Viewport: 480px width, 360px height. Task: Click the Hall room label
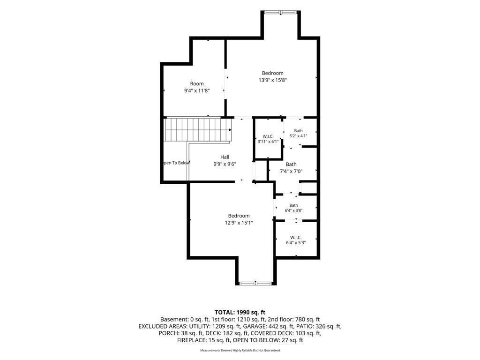[x=225, y=157]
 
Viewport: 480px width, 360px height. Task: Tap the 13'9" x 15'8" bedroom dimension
[x=272, y=80]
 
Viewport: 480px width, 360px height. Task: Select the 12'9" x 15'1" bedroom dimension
[x=239, y=223]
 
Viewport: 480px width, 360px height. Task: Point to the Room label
[x=197, y=83]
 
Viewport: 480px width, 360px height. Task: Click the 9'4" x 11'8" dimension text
[x=197, y=90]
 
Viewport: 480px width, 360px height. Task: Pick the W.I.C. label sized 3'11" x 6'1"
[x=268, y=136]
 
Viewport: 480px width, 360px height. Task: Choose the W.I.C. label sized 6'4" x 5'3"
[x=296, y=238]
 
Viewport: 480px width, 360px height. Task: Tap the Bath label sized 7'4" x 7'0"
[x=291, y=165]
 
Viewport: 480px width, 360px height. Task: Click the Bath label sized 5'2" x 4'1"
[x=299, y=131]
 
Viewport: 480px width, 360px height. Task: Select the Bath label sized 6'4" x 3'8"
[x=293, y=205]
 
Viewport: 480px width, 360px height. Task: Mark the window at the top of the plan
[x=281, y=12]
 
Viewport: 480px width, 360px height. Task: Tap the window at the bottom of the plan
[x=255, y=283]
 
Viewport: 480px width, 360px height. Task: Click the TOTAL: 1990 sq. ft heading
[x=240, y=313]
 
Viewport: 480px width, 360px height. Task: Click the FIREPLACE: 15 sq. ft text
[x=203, y=340]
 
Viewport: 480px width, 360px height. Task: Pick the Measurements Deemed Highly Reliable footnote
[x=240, y=350]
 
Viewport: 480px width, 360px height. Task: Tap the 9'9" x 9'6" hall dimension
[x=225, y=164]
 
